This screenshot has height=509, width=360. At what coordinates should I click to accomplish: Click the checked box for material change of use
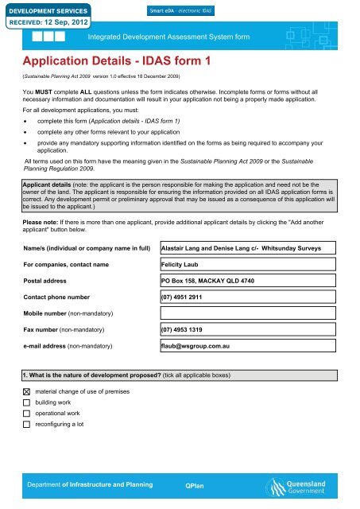pyautogui.click(x=27, y=393)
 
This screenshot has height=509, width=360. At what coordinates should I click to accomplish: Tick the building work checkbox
pyautogui.click(x=27, y=404)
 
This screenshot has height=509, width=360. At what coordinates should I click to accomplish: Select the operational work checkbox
pyautogui.click(x=27, y=414)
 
